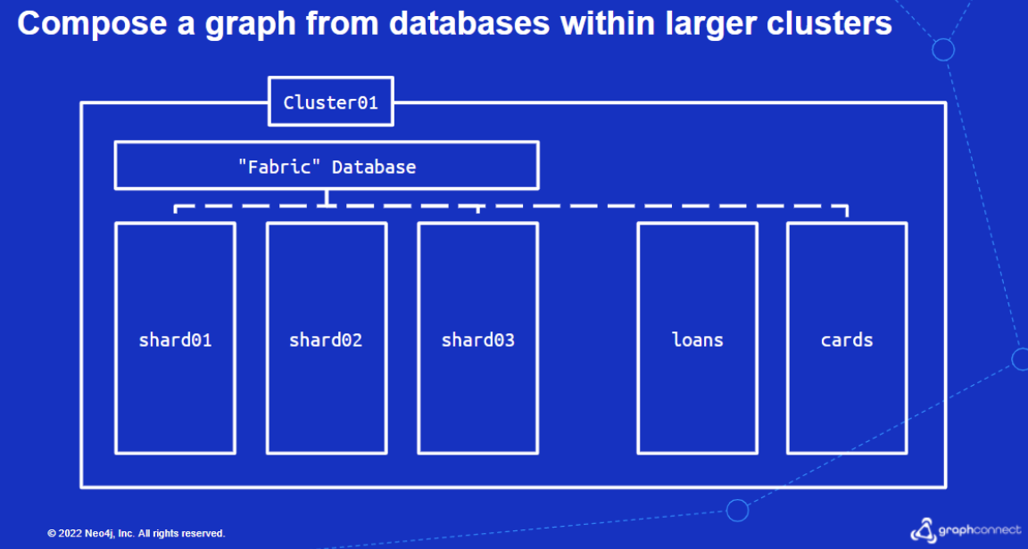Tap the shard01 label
click(175, 340)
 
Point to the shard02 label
click(326, 340)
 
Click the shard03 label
click(478, 340)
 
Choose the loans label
click(698, 340)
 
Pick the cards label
click(847, 340)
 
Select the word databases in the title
click(469, 23)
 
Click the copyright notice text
click(137, 533)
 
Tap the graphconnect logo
click(966, 529)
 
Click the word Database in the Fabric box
click(374, 167)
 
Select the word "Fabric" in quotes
click(279, 167)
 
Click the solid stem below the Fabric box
click(327, 198)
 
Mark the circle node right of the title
click(943, 50)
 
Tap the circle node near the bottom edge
click(738, 511)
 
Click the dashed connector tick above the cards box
click(847, 211)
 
